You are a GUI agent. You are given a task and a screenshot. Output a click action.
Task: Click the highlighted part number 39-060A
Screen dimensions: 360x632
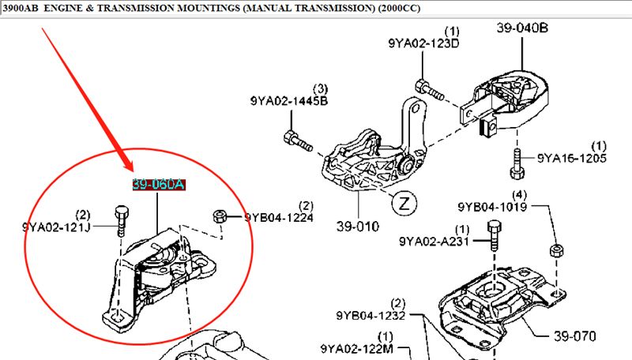[158, 185]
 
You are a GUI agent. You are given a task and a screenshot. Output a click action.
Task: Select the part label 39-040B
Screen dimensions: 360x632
[522, 28]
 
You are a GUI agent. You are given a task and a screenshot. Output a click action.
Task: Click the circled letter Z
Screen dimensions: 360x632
[404, 202]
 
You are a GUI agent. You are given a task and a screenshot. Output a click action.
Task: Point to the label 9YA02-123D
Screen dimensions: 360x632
[423, 43]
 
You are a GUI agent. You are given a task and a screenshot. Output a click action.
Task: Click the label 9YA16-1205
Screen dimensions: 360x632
[572, 158]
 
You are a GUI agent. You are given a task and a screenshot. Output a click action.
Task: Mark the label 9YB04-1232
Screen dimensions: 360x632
[371, 316]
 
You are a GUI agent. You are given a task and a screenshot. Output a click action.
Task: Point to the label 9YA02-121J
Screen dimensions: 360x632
[56, 227]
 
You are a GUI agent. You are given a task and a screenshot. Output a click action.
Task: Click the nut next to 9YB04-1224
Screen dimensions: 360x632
[223, 216]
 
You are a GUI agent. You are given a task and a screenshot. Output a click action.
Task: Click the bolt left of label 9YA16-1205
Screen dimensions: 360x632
[518, 163]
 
